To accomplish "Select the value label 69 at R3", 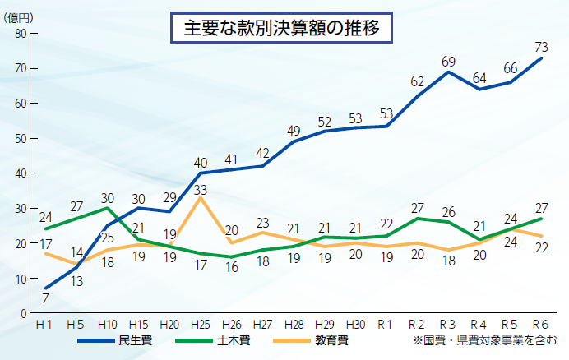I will click(x=448, y=61).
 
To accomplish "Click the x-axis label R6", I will click(x=540, y=323).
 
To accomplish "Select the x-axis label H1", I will click(x=47, y=323).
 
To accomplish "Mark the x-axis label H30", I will click(x=355, y=323).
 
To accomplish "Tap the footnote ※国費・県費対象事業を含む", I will click(x=485, y=339).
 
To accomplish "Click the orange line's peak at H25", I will click(x=201, y=197).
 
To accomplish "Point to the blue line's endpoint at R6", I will click(x=540, y=58).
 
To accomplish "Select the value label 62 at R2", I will click(x=417, y=81).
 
